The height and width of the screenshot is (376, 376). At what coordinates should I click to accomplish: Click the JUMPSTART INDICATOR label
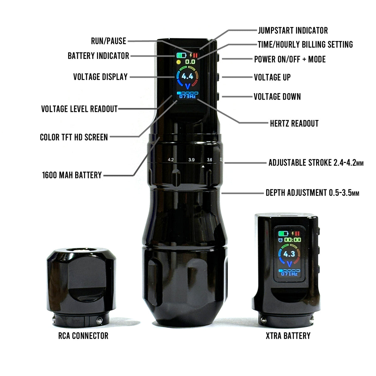293,31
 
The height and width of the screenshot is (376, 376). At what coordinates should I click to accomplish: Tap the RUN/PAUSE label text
108,41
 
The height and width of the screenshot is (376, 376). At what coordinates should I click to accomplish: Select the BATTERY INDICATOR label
98,56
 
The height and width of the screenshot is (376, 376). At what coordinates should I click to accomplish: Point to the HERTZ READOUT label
294,123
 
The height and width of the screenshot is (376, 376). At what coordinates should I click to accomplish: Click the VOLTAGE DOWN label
277,97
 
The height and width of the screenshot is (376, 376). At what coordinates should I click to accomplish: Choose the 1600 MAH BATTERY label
72,175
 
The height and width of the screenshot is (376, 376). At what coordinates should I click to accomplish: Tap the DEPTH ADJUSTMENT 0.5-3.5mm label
312,193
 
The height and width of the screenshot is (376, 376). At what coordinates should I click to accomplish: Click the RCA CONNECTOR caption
83,336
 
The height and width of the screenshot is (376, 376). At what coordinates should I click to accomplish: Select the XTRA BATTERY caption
288,336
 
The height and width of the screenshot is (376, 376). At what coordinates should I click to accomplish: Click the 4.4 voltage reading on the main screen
187,76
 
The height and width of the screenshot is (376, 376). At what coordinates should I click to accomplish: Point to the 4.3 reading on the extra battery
289,254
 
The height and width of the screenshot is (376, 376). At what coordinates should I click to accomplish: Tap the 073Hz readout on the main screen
187,97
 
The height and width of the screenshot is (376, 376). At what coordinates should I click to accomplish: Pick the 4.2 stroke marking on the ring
171,159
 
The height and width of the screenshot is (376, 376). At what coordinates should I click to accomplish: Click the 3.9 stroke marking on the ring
191,160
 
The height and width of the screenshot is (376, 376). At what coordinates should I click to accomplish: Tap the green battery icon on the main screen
181,55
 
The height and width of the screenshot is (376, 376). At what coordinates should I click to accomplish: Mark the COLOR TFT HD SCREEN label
74,137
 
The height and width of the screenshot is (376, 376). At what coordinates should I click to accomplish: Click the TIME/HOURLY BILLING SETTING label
305,44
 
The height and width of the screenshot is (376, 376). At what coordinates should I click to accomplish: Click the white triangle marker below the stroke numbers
203,167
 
